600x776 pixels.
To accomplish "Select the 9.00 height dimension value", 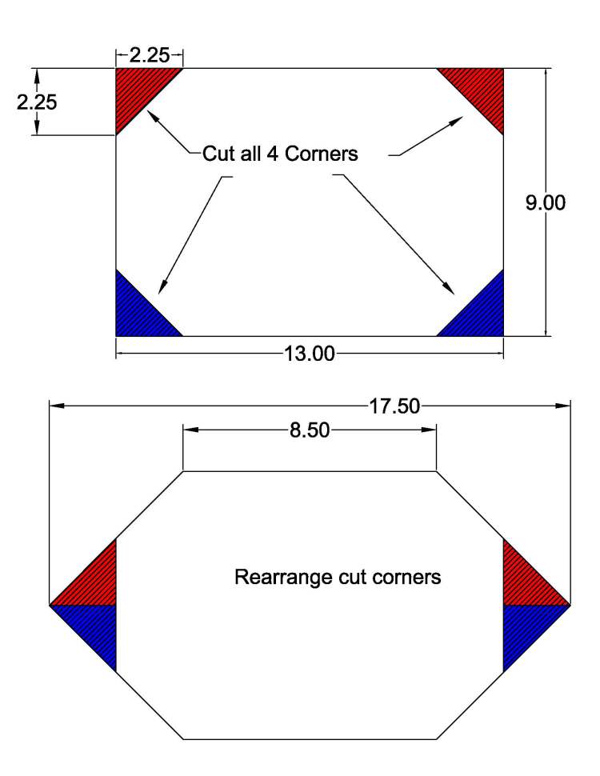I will tap(545, 203).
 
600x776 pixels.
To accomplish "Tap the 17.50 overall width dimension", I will tap(394, 406).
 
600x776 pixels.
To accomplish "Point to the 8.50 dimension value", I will tap(310, 431).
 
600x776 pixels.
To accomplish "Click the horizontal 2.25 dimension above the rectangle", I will tap(150, 56).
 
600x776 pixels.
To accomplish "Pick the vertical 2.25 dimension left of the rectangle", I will tap(37, 102).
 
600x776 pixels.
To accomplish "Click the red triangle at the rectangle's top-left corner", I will tap(138, 90).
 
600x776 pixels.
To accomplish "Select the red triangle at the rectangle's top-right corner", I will tap(483, 90).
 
